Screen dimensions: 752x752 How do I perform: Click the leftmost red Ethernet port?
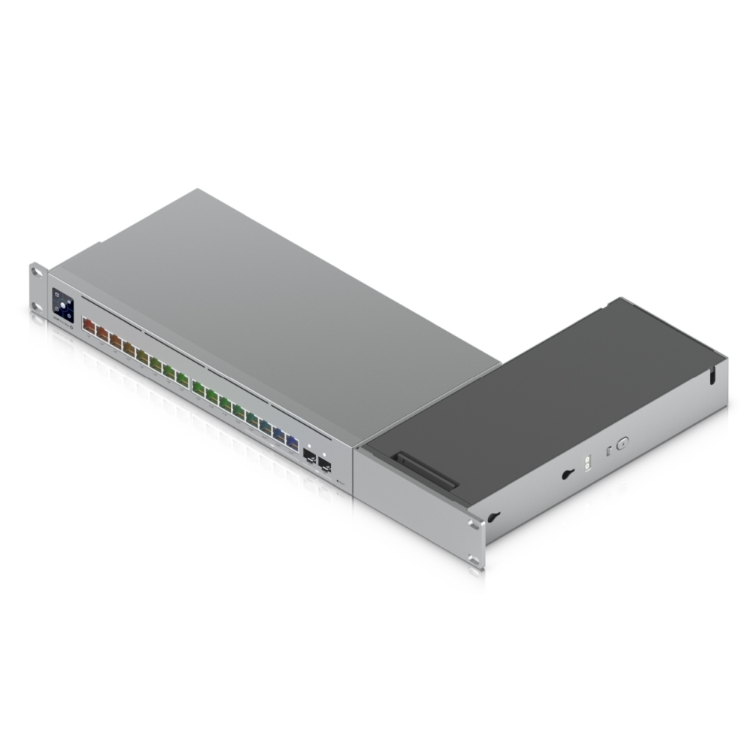pyautogui.click(x=88, y=326)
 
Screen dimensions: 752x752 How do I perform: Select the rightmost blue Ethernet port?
pyautogui.click(x=292, y=442)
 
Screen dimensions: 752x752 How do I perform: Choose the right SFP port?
pyautogui.click(x=325, y=464)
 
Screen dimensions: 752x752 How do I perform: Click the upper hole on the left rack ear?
pyautogui.click(x=35, y=271)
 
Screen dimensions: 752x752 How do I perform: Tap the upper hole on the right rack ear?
pyautogui.click(x=472, y=525)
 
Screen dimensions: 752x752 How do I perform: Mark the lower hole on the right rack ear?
pyautogui.click(x=472, y=557)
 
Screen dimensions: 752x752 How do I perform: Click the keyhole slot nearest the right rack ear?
pyautogui.click(x=493, y=517)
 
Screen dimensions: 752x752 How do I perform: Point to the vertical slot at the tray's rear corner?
pyautogui.click(x=711, y=376)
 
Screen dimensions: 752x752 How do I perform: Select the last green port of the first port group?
pyautogui.click(x=182, y=379)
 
